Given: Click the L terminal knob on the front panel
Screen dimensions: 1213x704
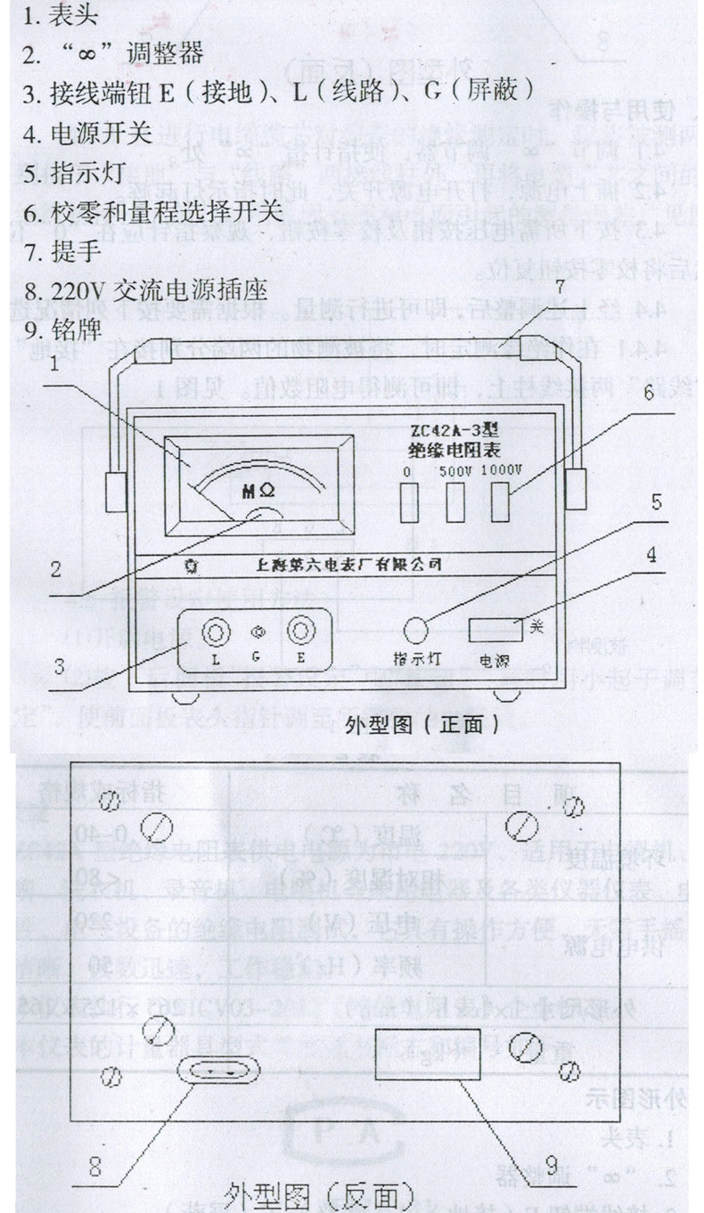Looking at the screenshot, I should [x=215, y=632].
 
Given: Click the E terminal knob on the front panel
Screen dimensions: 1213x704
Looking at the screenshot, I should [x=300, y=632].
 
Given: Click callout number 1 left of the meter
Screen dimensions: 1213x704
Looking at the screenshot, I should [x=55, y=363].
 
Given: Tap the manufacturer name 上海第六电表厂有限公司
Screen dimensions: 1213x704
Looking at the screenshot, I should [x=348, y=564].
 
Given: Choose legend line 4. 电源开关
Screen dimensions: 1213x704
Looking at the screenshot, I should [x=87, y=134].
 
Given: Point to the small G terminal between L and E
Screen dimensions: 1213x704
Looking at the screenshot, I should [x=258, y=631].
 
